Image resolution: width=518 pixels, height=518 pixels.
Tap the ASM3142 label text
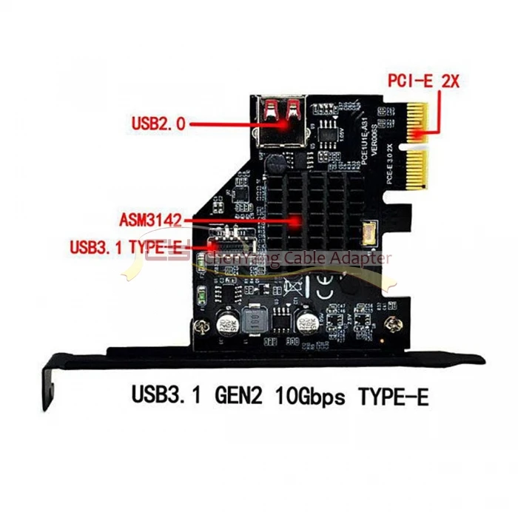click(152, 220)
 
